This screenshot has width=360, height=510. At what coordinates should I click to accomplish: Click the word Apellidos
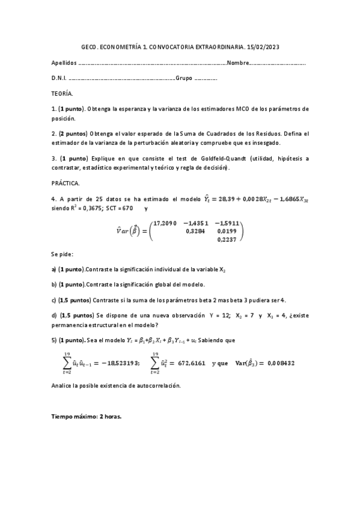[x=64, y=63]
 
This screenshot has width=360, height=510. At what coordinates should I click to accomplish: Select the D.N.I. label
[x=59, y=78]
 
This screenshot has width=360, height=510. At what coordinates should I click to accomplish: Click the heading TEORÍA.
[x=63, y=94]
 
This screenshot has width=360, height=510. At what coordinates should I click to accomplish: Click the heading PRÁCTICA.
[x=65, y=182]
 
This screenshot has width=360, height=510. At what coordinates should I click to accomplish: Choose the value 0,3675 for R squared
[x=96, y=208]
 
